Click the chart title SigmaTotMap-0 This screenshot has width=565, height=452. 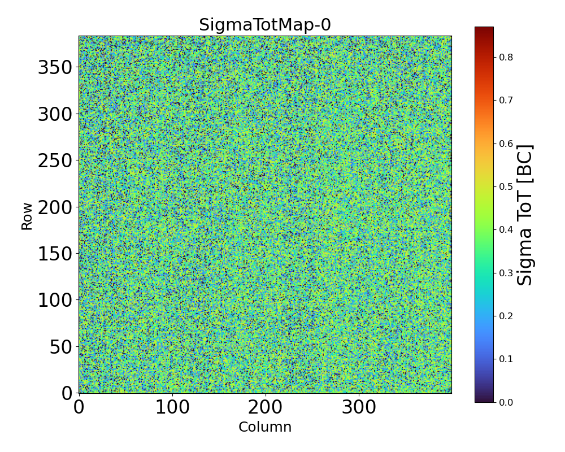[265, 25]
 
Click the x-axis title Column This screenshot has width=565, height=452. [265, 427]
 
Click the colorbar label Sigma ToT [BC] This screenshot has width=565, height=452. [525, 215]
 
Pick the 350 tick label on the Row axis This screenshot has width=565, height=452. [55, 68]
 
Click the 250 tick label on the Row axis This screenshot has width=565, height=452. [55, 161]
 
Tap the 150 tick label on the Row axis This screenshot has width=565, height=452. [55, 254]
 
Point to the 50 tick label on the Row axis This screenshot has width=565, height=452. [60, 347]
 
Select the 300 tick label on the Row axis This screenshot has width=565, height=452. [55, 115]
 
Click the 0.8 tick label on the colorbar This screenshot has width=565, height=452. [506, 57]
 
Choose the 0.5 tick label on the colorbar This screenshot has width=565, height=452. [506, 186]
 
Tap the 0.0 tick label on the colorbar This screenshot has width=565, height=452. [506, 402]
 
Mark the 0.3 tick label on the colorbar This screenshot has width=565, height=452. [506, 273]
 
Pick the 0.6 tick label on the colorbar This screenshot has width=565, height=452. [506, 144]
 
